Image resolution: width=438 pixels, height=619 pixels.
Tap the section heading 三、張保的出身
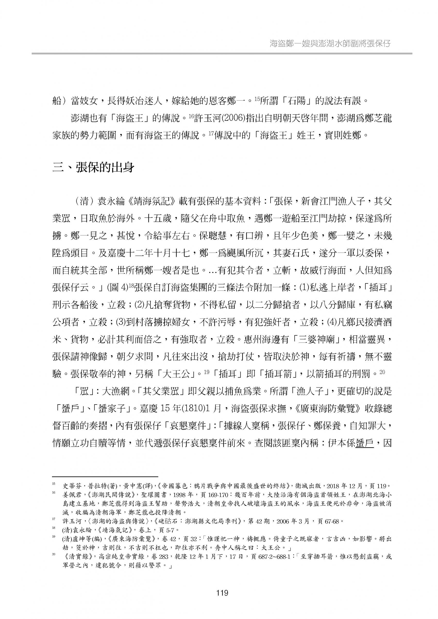[x=93, y=168]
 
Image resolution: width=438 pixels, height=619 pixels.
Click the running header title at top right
[x=330, y=44]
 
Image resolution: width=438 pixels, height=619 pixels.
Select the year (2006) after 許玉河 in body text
[x=232, y=118]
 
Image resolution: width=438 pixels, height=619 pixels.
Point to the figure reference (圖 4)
[x=117, y=287]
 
